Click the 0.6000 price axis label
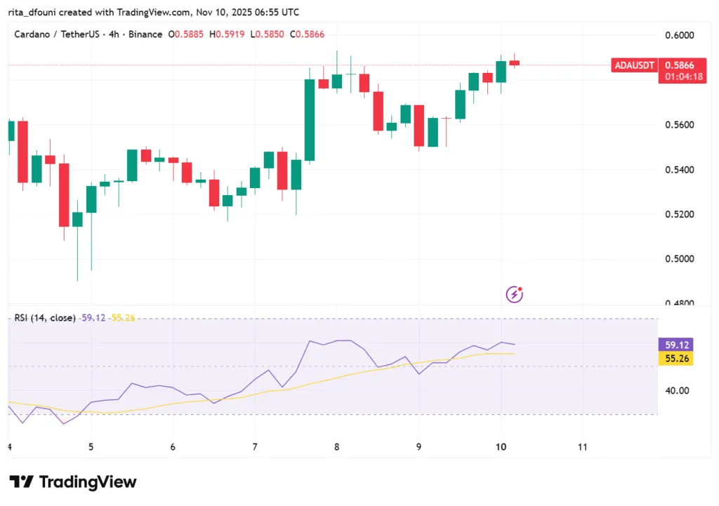point(680,35)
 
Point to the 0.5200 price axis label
point(680,214)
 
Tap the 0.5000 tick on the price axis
point(680,259)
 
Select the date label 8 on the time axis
point(337,446)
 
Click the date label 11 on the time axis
point(581,446)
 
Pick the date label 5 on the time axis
point(91,446)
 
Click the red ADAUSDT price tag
point(634,65)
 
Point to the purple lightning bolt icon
point(515,294)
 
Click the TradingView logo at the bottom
point(73,482)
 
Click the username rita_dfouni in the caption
point(33,13)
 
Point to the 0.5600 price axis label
point(680,125)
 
